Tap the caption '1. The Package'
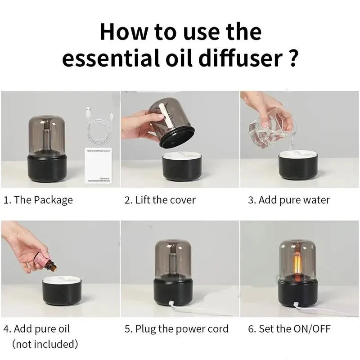point(38,200)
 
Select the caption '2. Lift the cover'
point(160,200)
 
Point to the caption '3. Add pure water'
point(288,200)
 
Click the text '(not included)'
point(45,345)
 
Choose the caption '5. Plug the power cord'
point(176,329)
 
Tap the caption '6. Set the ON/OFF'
point(289,329)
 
